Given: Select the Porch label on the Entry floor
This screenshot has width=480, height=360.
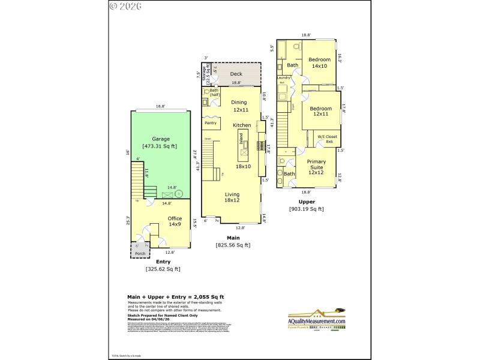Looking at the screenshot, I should click(140, 253).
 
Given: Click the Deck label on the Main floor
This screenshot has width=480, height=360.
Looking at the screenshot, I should click(236, 74).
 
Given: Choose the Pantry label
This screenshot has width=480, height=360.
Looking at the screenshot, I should click(211, 123).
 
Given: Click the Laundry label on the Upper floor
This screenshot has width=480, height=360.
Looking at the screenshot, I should click(283, 78).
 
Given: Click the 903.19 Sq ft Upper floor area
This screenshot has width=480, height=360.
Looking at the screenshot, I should click(306, 209).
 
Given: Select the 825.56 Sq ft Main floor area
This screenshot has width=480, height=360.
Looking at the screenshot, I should click(233, 245).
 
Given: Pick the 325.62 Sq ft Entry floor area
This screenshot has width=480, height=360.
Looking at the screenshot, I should click(163, 269).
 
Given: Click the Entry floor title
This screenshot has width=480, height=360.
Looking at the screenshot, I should click(163, 262).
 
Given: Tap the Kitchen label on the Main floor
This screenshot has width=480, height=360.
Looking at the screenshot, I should click(242, 125).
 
